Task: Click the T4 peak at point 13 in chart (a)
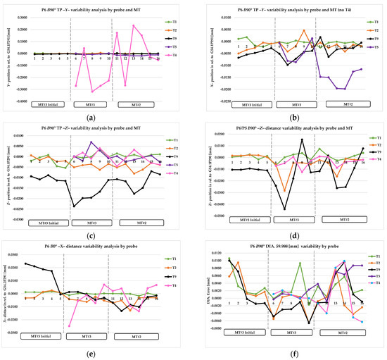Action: click(134, 26)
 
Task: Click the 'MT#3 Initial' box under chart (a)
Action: click(50, 104)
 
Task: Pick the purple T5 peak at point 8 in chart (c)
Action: click(91, 142)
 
